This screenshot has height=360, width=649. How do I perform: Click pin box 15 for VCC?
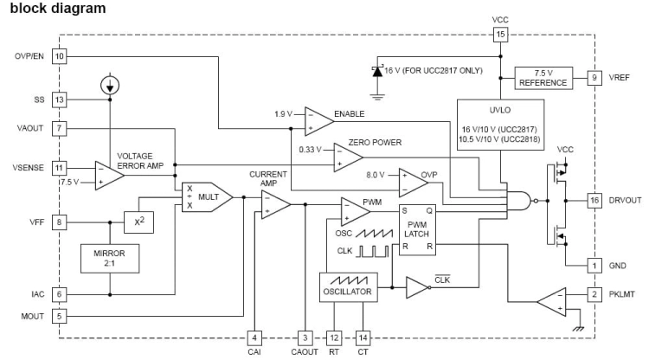point(500,35)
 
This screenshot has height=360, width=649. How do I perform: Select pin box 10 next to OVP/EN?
point(59,56)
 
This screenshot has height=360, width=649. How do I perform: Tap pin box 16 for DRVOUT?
point(594,200)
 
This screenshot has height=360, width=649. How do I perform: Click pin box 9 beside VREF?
point(594,77)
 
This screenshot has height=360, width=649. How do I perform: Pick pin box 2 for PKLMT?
point(594,294)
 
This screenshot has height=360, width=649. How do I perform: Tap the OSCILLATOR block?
point(349,287)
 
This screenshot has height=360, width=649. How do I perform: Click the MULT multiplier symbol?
point(208,197)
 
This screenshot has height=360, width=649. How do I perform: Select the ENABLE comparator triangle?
point(318,121)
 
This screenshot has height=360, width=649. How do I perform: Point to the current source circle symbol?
point(110,85)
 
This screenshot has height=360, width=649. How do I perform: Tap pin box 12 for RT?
point(335,337)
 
